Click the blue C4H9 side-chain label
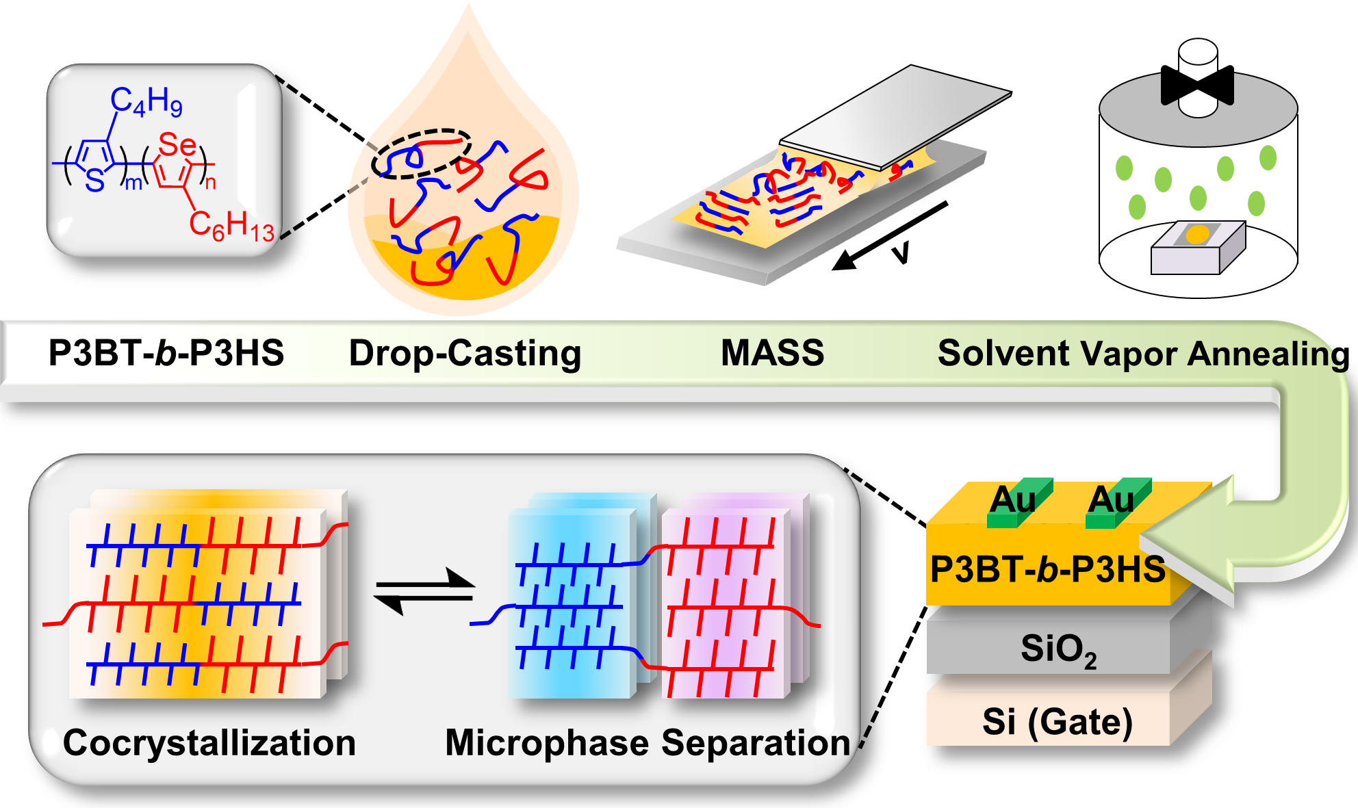[x=146, y=102]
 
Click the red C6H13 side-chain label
[x=231, y=225]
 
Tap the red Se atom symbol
[x=177, y=145]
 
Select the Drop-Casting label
[x=465, y=354]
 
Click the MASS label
[x=772, y=354]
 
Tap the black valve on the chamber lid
[x=1197, y=86]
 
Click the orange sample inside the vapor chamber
[x=1197, y=235]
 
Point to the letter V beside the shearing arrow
[x=901, y=253]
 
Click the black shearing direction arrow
[x=890, y=235]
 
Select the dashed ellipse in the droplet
[x=421, y=153]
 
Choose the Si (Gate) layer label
[x=1058, y=722]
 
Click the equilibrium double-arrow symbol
[x=424, y=590]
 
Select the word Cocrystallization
[x=209, y=743]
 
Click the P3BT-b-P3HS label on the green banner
[x=166, y=354]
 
